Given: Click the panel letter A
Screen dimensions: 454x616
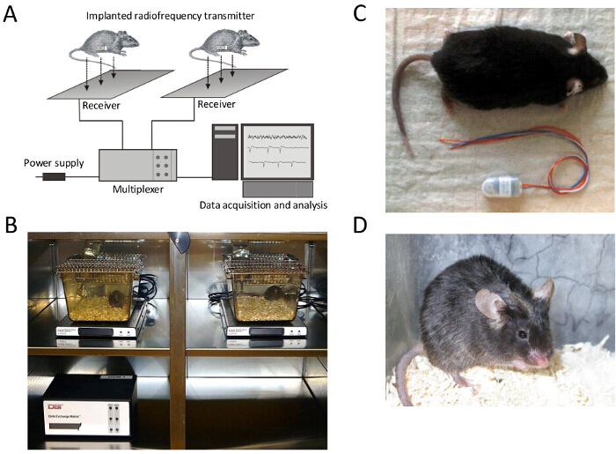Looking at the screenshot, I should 12,15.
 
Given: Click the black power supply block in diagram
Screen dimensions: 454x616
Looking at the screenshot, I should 54,177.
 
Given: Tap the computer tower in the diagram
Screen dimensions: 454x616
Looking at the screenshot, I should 225,155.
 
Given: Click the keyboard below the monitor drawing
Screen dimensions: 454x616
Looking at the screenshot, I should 277,189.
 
